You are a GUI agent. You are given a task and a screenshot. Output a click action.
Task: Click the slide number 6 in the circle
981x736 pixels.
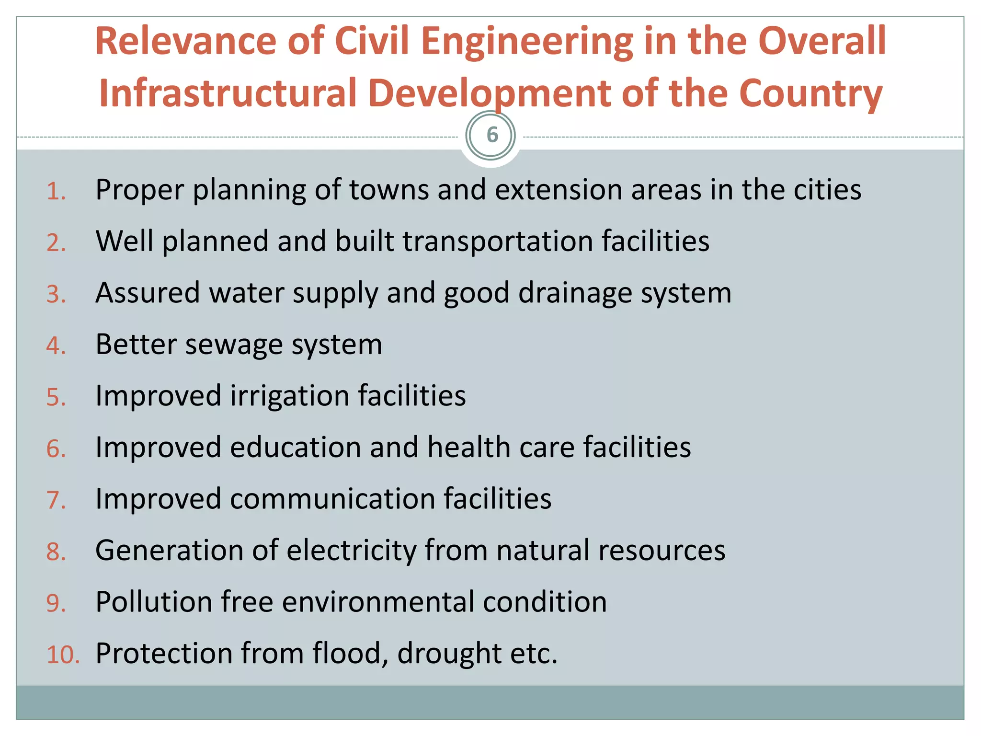[492, 135]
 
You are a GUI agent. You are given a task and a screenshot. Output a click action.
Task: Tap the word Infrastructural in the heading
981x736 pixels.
[228, 93]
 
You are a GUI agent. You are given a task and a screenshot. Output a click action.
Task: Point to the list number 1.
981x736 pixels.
[56, 192]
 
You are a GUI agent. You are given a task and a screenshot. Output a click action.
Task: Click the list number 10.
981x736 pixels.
[62, 655]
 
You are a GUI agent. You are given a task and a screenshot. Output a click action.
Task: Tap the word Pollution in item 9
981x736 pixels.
[153, 602]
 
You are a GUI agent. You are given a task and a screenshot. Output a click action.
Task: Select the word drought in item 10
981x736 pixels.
[449, 654]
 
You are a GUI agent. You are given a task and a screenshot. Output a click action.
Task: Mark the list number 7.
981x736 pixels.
[56, 501]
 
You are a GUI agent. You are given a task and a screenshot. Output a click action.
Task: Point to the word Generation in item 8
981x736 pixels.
[170, 551]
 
